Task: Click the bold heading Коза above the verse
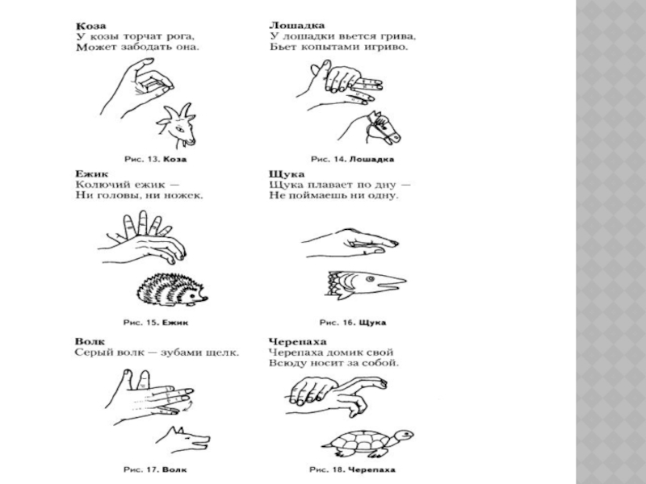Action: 90,26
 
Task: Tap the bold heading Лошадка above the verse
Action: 296,26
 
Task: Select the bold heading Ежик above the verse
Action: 91,173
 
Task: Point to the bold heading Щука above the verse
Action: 287,174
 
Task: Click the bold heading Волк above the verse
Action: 90,341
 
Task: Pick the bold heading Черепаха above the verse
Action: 297,342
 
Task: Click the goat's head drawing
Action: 176,125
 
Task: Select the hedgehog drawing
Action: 172,290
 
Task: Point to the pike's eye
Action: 370,279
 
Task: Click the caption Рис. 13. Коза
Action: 155,159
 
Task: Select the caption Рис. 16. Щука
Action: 353,322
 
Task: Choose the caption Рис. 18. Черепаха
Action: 352,469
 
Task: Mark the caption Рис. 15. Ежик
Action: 156,322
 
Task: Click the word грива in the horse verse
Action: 397,36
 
